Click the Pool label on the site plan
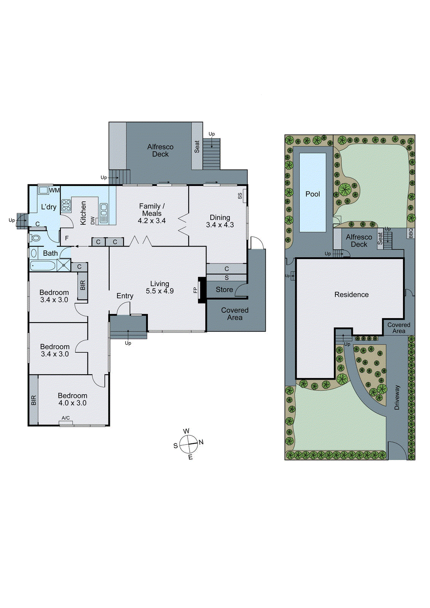point(313,194)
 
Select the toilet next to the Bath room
point(36,238)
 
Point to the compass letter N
point(201,442)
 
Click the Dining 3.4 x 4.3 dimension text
point(220,225)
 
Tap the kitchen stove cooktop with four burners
point(66,205)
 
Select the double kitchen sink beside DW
point(103,213)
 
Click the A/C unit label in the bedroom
point(65,418)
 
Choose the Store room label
point(224,290)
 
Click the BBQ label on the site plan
point(411,233)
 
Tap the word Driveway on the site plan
point(397,397)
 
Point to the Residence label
point(351,294)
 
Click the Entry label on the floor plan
point(125,296)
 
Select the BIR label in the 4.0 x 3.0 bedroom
point(33,400)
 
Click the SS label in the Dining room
point(240,196)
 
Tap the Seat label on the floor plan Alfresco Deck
point(197,147)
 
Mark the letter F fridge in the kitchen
point(67,238)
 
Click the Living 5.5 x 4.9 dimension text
point(160,291)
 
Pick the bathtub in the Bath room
point(43,265)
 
